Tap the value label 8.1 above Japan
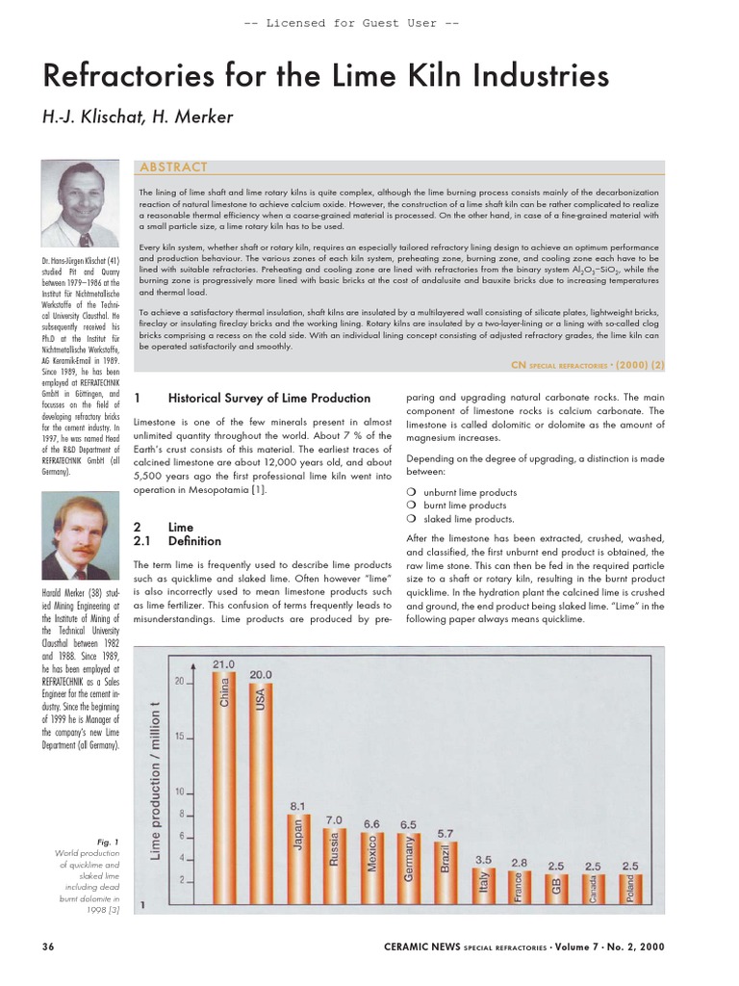(297, 805)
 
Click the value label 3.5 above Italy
(484, 858)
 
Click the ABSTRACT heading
(174, 167)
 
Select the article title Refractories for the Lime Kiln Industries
(326, 76)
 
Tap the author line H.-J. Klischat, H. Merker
(137, 117)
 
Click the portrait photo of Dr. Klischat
(81, 204)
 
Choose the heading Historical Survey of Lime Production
(268, 398)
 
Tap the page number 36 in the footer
(48, 947)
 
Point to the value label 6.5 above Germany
(407, 824)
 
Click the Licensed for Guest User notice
(369, 23)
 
